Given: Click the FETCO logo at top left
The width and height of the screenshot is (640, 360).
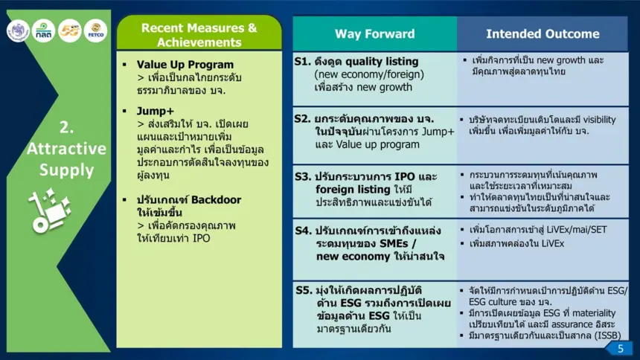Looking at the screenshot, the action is tap(96, 30).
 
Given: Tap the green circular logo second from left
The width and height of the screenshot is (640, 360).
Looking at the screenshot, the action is tap(43, 30).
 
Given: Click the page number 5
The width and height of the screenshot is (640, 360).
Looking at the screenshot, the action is tap(621, 349).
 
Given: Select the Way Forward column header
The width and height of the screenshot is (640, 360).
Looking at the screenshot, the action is tap(374, 34).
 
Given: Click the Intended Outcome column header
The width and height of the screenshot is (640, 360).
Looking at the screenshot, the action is tap(543, 34).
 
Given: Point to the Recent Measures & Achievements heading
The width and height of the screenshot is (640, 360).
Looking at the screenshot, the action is tap(199, 35).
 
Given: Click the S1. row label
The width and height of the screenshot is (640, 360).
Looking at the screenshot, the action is tap(302, 62).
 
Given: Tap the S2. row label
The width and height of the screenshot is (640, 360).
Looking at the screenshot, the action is tap(302, 119).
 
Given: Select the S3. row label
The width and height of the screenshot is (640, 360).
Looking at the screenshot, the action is tap(304, 177).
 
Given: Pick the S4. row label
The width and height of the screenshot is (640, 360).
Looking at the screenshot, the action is tap(304, 231).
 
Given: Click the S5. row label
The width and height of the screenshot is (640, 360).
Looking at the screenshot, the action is tap(304, 290).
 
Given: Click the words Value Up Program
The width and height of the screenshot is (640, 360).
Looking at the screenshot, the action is tap(185, 65).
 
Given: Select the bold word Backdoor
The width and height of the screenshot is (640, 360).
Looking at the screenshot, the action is tap(216, 199).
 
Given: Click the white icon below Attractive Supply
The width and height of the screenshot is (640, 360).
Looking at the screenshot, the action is tap(50, 210).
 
